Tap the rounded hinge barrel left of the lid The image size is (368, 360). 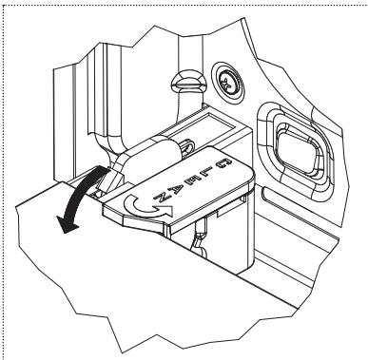tap(153, 156)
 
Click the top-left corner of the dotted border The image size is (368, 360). tap(3, 3)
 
